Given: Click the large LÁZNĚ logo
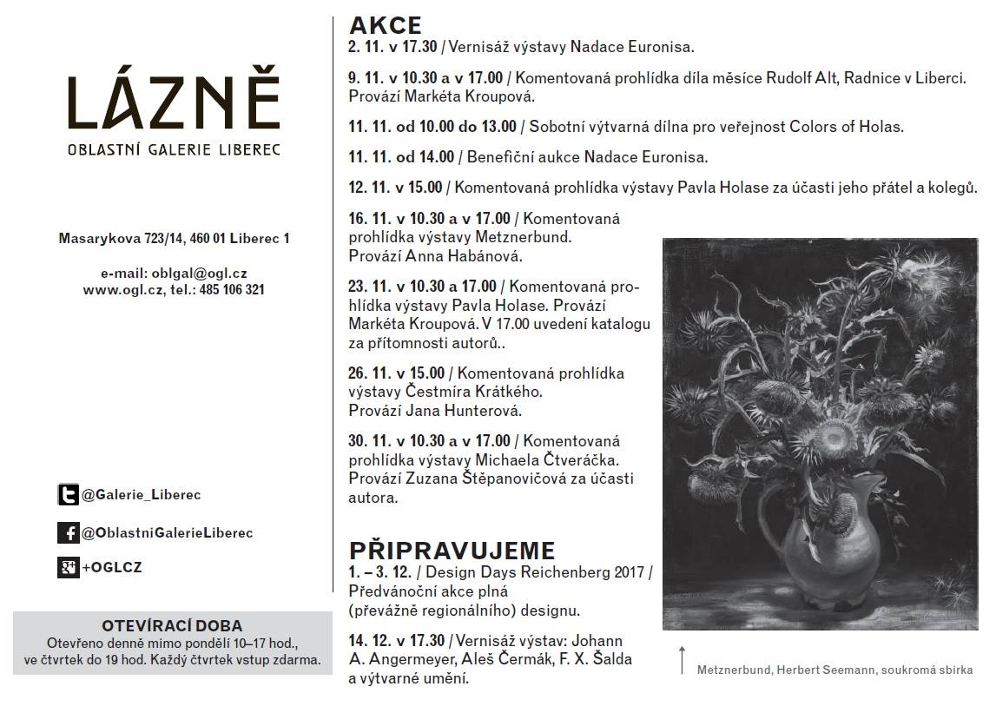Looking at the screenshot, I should (174, 101).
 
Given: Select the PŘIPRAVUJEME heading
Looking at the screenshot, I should (452, 551).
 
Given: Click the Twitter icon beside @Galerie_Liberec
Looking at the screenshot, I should (68, 495).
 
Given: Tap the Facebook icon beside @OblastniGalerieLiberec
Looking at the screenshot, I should (68, 532).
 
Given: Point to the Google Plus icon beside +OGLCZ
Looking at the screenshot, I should (68, 568).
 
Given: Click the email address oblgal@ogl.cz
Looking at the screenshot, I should (198, 273).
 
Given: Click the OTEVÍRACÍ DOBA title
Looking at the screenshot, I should (172, 625).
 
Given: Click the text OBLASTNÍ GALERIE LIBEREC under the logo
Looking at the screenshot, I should (174, 150).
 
